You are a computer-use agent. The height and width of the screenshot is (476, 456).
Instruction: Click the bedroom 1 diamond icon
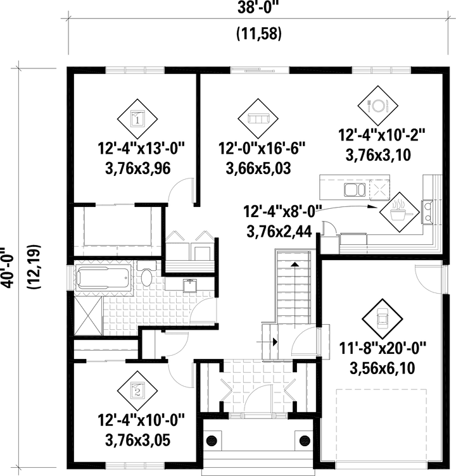(137, 119)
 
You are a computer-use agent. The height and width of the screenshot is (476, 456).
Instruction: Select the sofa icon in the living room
(258, 118)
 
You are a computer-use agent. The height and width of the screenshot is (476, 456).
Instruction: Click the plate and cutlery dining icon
(377, 106)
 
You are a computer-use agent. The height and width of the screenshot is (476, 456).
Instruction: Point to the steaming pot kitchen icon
(400, 212)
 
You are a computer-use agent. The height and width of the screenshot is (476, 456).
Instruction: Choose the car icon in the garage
(382, 319)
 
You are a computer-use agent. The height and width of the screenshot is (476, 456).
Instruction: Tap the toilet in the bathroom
(147, 275)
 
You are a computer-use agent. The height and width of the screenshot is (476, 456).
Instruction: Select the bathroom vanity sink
(190, 285)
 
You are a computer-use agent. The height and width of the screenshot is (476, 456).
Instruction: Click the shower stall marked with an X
(88, 316)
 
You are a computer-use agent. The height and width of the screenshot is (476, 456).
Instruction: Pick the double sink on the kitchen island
(355, 190)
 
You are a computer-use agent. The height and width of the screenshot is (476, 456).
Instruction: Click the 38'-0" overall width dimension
(258, 8)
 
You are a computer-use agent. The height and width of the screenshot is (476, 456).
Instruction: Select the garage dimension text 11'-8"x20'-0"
(383, 348)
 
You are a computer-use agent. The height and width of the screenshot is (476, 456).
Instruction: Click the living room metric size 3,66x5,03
(258, 168)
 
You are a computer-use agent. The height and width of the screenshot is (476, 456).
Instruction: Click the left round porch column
(212, 440)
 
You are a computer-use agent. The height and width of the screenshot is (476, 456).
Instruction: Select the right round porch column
(305, 440)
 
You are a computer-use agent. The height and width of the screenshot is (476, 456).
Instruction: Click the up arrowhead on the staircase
(294, 264)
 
